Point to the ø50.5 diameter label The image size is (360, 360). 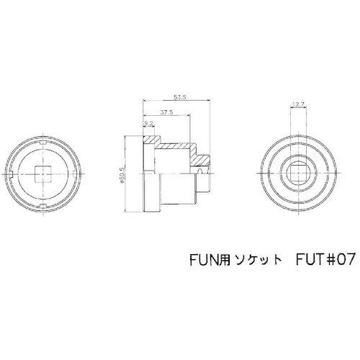[125, 175]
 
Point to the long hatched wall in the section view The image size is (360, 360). [173, 147]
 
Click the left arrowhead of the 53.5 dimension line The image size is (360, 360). [144, 99]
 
